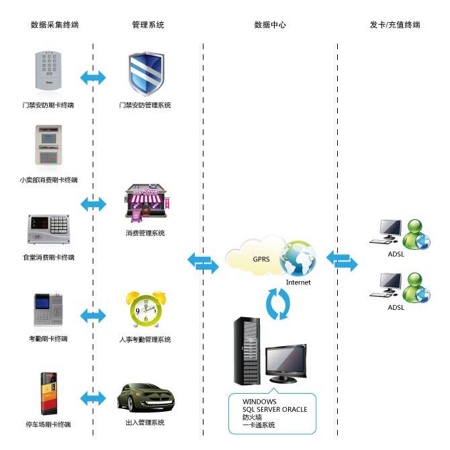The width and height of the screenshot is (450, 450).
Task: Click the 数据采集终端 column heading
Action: pyautogui.click(x=54, y=25)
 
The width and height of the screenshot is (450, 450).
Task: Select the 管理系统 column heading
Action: pyautogui.click(x=148, y=25)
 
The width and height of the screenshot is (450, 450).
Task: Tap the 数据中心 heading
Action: pyautogui.click(x=270, y=25)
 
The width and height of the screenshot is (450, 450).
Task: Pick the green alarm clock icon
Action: pyautogui.click(x=146, y=309)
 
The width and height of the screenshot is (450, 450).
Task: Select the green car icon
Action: pyautogui.click(x=144, y=398)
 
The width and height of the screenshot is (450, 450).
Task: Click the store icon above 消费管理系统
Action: pyautogui.click(x=144, y=204)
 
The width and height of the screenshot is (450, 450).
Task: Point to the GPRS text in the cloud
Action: pyautogui.click(x=261, y=259)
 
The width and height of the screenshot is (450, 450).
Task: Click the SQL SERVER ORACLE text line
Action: pyautogui.click(x=275, y=409)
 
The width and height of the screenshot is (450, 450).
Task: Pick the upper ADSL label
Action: pyautogui.click(x=396, y=254)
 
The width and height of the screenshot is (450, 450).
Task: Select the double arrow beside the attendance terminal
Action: pyautogui.click(x=93, y=315)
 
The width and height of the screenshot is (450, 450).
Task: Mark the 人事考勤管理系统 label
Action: pyautogui.click(x=144, y=340)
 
